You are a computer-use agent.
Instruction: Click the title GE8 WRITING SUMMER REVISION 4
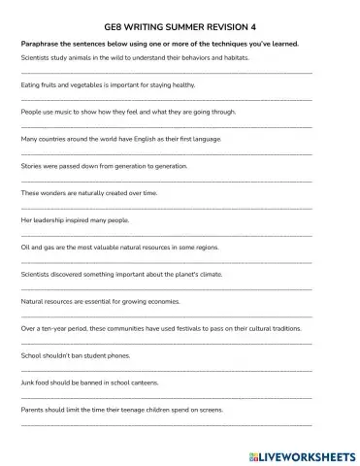pos(180,29)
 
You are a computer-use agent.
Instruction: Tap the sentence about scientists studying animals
pos(135,57)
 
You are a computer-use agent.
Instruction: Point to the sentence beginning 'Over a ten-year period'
pos(161,329)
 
